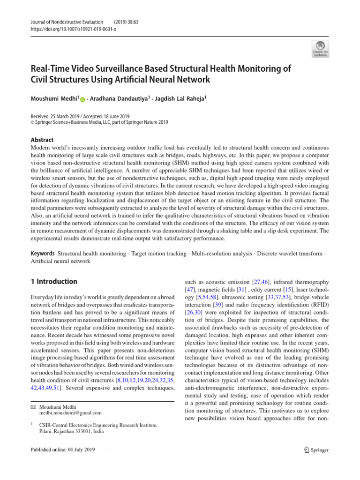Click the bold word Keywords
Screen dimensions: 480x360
pyautogui.click(x=42, y=253)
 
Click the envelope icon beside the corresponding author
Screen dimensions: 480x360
pyautogui.click(x=33, y=407)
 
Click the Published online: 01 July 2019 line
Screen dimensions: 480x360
pyautogui.click(x=62, y=450)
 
